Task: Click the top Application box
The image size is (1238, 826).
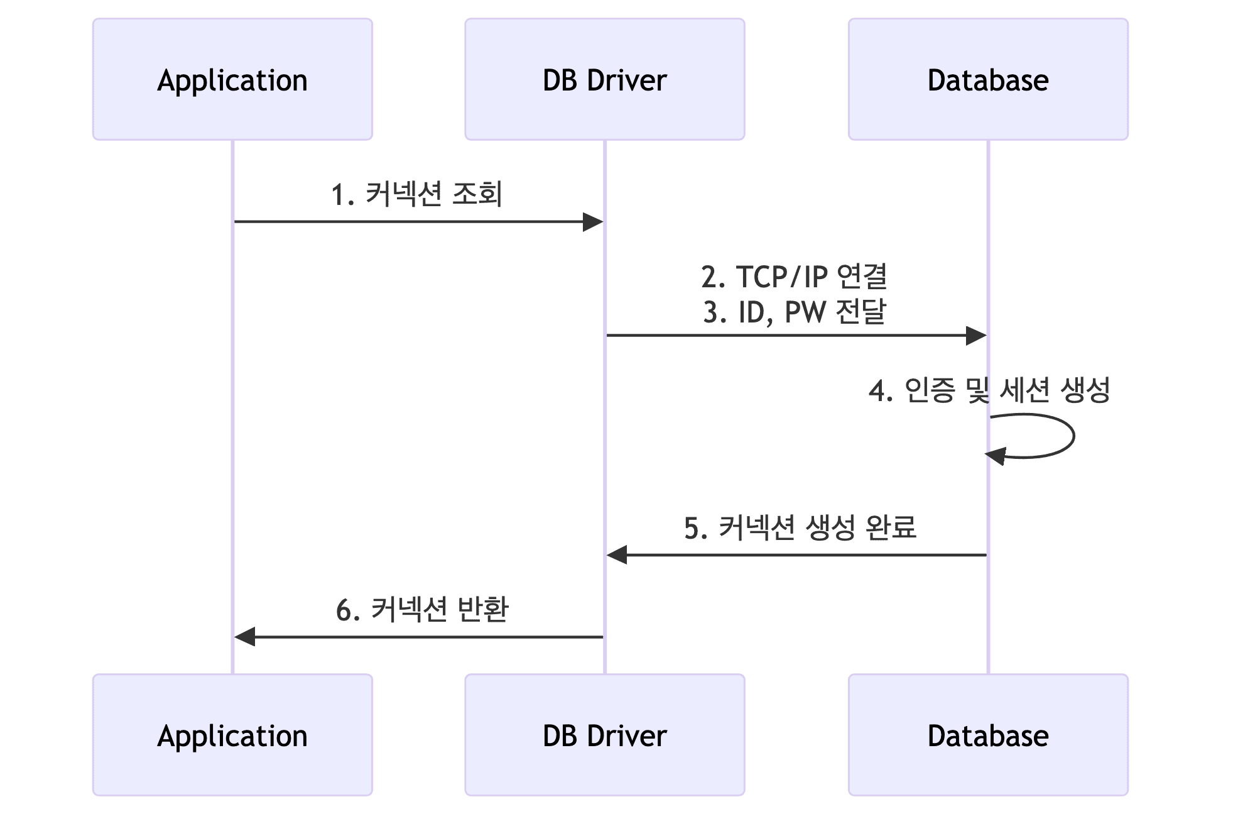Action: tap(232, 79)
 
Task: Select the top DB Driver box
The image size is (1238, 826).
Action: tap(604, 79)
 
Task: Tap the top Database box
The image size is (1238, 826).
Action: tap(987, 79)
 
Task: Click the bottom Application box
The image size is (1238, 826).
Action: tap(232, 735)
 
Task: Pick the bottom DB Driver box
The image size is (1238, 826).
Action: tap(604, 735)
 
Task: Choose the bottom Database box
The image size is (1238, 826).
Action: tap(987, 735)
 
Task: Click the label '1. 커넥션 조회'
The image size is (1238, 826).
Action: tap(417, 194)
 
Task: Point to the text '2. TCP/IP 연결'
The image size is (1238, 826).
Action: tap(794, 277)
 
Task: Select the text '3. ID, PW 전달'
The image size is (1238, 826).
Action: tap(794, 312)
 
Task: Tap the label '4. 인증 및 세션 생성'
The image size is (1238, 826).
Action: tap(989, 390)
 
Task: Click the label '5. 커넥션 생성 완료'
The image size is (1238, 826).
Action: tap(800, 527)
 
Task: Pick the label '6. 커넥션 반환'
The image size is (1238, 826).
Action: tap(421, 610)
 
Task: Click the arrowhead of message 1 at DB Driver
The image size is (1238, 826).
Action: tap(593, 222)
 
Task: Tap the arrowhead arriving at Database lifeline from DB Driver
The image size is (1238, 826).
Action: tap(975, 336)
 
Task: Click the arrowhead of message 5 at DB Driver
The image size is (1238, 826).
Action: tap(617, 555)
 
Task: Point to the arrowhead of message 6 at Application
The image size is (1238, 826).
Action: tap(245, 637)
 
